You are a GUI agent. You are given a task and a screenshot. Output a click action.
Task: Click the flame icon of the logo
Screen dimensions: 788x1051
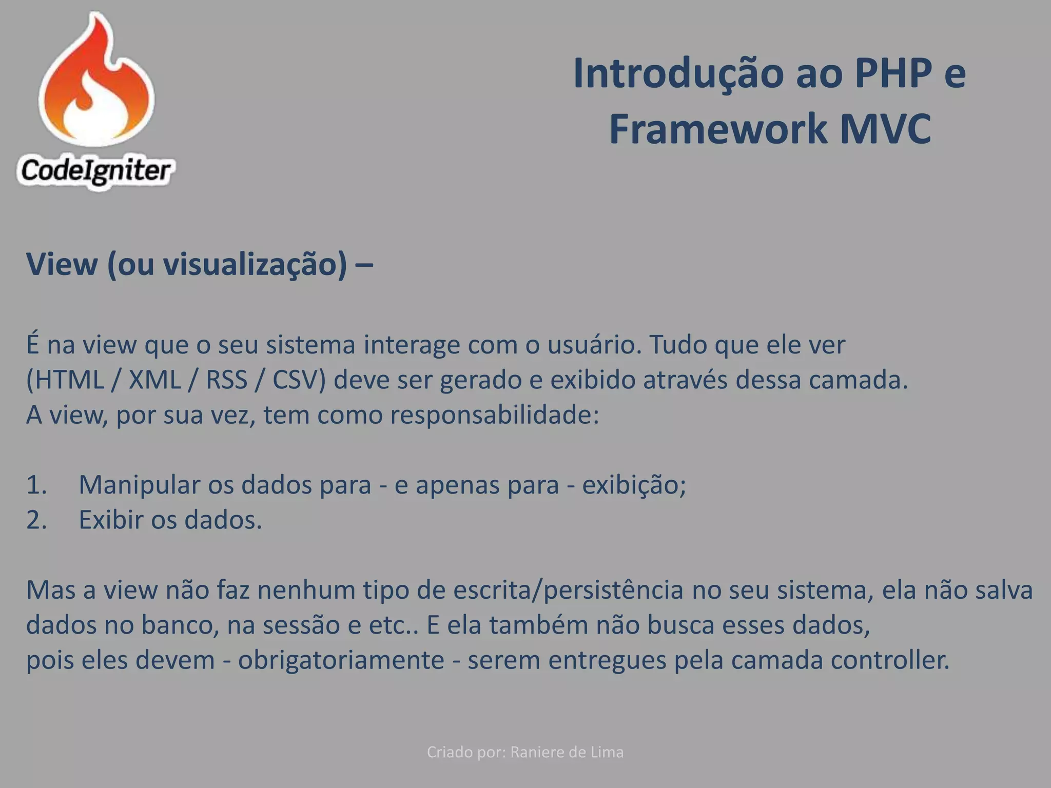[96, 82]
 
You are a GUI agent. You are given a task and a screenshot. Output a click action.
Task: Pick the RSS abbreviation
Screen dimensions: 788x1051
[227, 380]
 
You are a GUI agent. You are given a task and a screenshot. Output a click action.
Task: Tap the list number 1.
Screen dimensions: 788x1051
[36, 485]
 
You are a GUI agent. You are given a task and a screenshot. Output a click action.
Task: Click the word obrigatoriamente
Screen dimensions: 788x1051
[341, 661]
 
